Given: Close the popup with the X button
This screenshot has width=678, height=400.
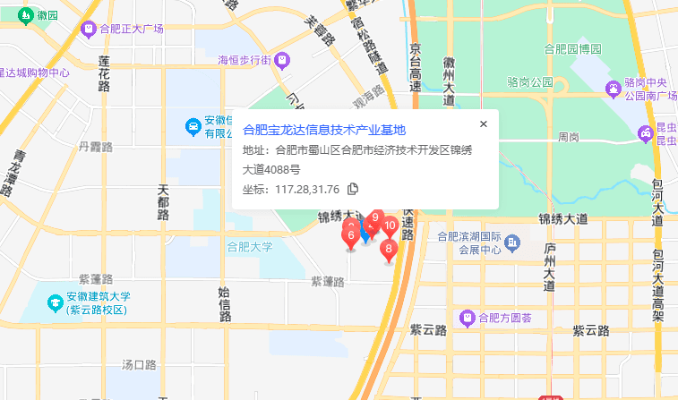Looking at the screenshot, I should (x=484, y=124).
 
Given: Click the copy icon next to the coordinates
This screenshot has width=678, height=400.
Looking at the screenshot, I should (x=353, y=189).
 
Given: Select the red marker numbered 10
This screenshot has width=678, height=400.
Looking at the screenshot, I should (x=390, y=226).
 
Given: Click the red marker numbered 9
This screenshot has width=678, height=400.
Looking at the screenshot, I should (x=376, y=218).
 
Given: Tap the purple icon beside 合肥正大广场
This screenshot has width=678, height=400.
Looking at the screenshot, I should (x=88, y=30).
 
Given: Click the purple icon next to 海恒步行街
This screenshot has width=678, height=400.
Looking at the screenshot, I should (x=282, y=60).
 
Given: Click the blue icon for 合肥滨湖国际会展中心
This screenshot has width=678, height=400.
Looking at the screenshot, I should (x=512, y=242).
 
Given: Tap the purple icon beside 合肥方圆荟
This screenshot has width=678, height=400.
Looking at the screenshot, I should (x=466, y=317).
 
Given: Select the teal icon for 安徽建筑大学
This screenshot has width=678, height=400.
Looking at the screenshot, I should (x=56, y=302).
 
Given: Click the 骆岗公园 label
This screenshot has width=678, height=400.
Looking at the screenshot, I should (x=529, y=82).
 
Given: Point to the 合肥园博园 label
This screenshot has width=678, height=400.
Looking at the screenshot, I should (x=572, y=48).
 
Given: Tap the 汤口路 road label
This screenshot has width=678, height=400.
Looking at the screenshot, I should (x=139, y=364).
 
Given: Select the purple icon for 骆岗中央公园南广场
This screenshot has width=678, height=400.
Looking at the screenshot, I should (x=614, y=89).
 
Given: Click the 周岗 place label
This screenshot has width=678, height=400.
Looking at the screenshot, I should (x=568, y=137).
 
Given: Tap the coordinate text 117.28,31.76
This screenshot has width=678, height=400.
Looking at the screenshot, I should (x=307, y=189).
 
